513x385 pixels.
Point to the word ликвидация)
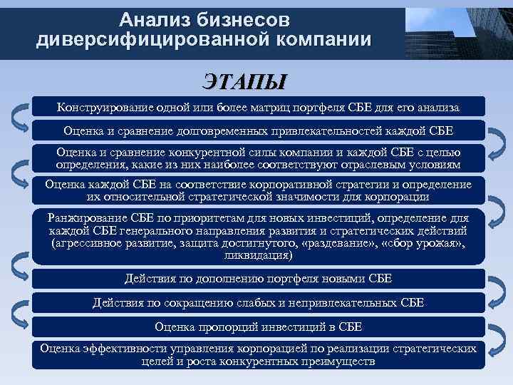[258, 255]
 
